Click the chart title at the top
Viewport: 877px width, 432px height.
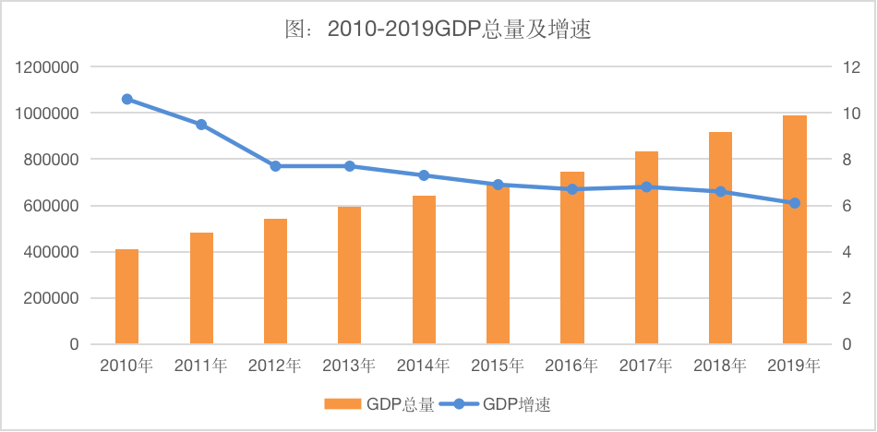click(438, 30)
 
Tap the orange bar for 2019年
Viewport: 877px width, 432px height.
click(795, 230)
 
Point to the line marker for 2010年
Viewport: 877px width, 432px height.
click(127, 100)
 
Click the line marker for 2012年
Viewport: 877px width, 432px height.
click(275, 166)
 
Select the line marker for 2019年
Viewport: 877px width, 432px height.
click(795, 203)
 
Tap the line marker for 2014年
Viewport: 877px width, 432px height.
click(424, 175)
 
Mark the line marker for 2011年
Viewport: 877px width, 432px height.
click(201, 125)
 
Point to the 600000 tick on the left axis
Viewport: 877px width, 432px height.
click(50, 206)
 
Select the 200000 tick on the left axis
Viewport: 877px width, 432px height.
click(50, 298)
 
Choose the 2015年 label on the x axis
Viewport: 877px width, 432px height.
click(498, 366)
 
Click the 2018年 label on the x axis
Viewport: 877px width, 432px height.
click(720, 366)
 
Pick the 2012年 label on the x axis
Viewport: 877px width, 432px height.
click(275, 366)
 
